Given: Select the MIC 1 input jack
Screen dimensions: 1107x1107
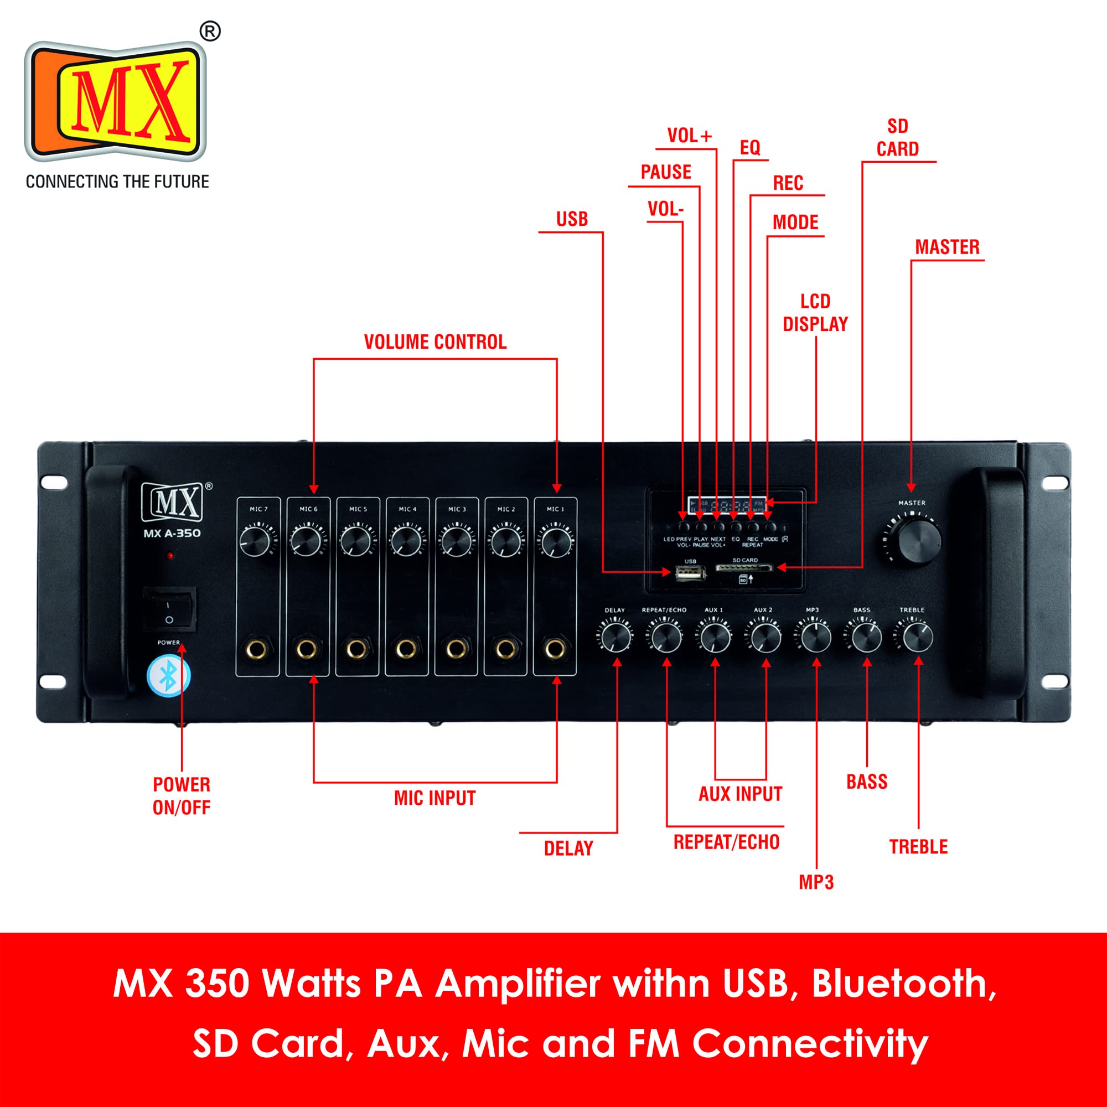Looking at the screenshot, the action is pos(555,649).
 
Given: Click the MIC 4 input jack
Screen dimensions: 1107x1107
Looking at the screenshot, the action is pos(406,649).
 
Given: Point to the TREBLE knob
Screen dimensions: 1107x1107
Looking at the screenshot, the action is pos(918,638).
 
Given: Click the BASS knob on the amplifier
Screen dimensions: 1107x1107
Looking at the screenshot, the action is pos(866,638).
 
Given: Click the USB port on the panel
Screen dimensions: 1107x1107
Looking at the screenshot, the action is pos(690,572).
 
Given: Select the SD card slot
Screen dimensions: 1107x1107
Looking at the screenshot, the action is pos(744,568).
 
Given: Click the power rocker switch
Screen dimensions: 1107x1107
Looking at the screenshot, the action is pos(169,609).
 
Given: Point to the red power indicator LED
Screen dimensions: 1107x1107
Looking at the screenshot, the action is pos(170,556).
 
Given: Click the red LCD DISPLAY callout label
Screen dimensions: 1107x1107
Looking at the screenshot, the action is pos(815,313).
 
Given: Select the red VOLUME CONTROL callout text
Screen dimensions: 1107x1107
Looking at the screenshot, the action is pos(436,342).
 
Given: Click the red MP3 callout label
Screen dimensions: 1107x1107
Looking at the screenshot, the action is pos(816,882).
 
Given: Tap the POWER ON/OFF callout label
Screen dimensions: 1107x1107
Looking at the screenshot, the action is pos(182,796).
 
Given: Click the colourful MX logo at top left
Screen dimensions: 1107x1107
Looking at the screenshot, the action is pos(116,101).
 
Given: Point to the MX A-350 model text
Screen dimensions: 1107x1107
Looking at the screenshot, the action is pos(172,534).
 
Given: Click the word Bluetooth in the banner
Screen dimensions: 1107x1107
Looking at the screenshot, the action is pos(904,984).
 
